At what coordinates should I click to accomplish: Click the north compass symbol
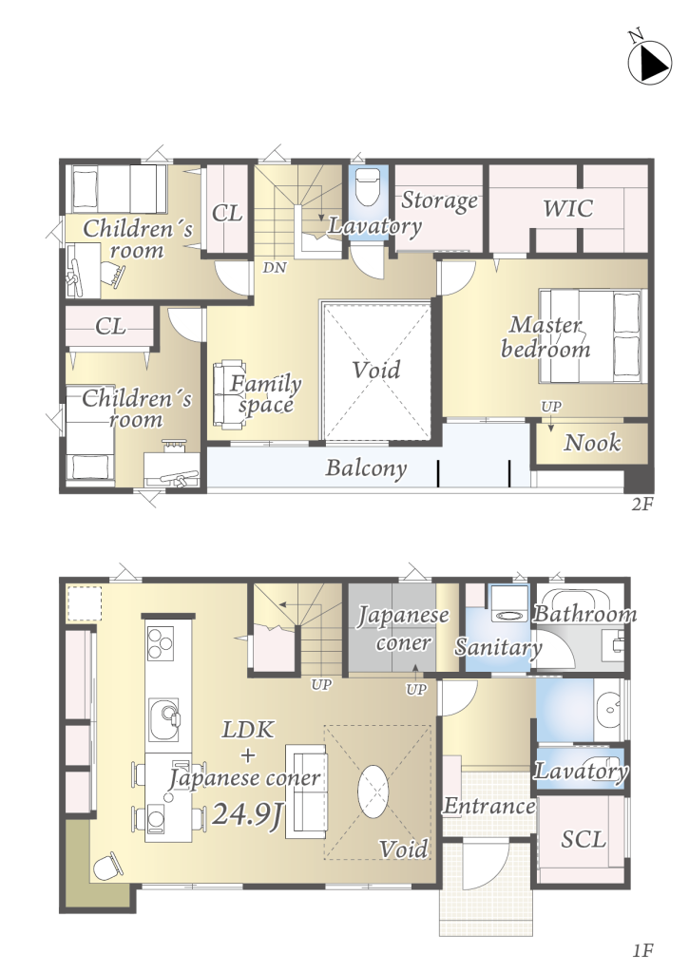click(x=649, y=63)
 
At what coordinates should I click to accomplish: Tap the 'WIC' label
click(x=568, y=208)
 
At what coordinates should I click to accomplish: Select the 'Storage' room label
click(x=439, y=200)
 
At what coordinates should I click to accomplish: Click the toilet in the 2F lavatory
click(x=368, y=187)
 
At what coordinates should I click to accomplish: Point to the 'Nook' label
click(x=592, y=443)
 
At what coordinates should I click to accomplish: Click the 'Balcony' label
click(x=366, y=467)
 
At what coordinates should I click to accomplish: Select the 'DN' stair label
click(x=275, y=267)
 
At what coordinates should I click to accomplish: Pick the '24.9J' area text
click(x=248, y=814)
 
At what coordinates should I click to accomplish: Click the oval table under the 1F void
click(x=373, y=792)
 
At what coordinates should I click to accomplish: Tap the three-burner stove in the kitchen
click(x=161, y=643)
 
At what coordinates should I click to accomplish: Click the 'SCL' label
click(x=583, y=840)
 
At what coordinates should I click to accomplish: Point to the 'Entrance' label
click(x=489, y=806)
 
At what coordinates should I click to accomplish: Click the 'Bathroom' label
click(x=584, y=615)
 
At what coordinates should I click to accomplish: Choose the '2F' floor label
click(x=642, y=504)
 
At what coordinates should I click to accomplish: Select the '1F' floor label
click(x=643, y=950)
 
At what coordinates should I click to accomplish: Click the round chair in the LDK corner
click(x=107, y=865)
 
